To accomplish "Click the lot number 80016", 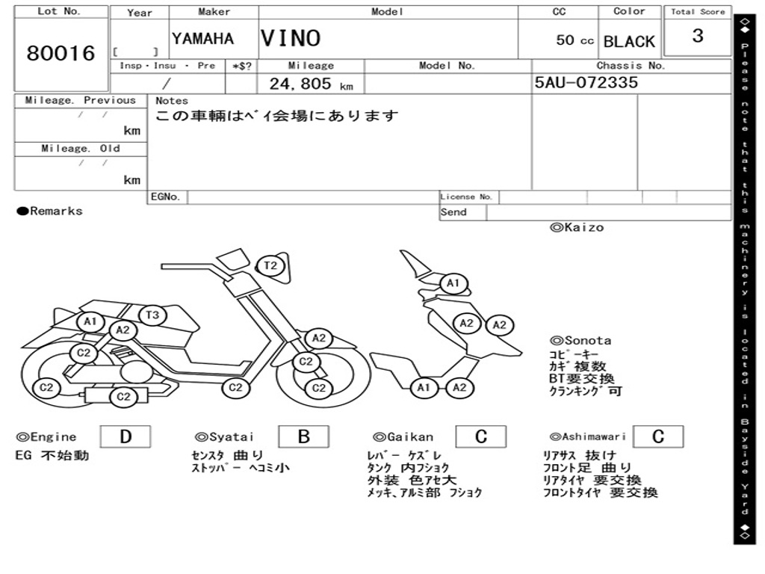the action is coord(61,53).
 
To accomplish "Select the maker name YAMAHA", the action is coord(202,39).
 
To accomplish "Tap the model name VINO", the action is coord(291,38).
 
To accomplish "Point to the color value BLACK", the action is coord(629,42).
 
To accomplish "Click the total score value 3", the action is coord(698,36).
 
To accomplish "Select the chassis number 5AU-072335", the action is coord(586,82).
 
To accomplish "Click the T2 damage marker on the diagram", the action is coord(270,265).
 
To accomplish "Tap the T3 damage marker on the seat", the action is coord(152,315).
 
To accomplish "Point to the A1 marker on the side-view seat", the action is coord(91,322).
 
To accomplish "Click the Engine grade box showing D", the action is coord(125,436).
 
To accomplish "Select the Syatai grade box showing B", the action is coord(303,436).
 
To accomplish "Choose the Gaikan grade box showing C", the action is coord(481,436).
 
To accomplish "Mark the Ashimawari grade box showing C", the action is coord(657,436).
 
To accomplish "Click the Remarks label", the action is coord(50,212).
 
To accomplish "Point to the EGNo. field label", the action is coord(166,197).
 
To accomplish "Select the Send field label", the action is coord(453,212).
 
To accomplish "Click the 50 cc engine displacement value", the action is coord(574,40).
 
